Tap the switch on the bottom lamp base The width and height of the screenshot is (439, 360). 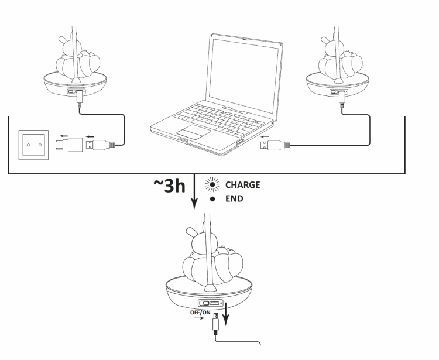pyautogui.click(x=207, y=303)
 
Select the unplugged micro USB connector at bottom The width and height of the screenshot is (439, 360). pyautogui.click(x=217, y=322)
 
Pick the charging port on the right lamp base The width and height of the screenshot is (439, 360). pyautogui.click(x=338, y=92)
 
